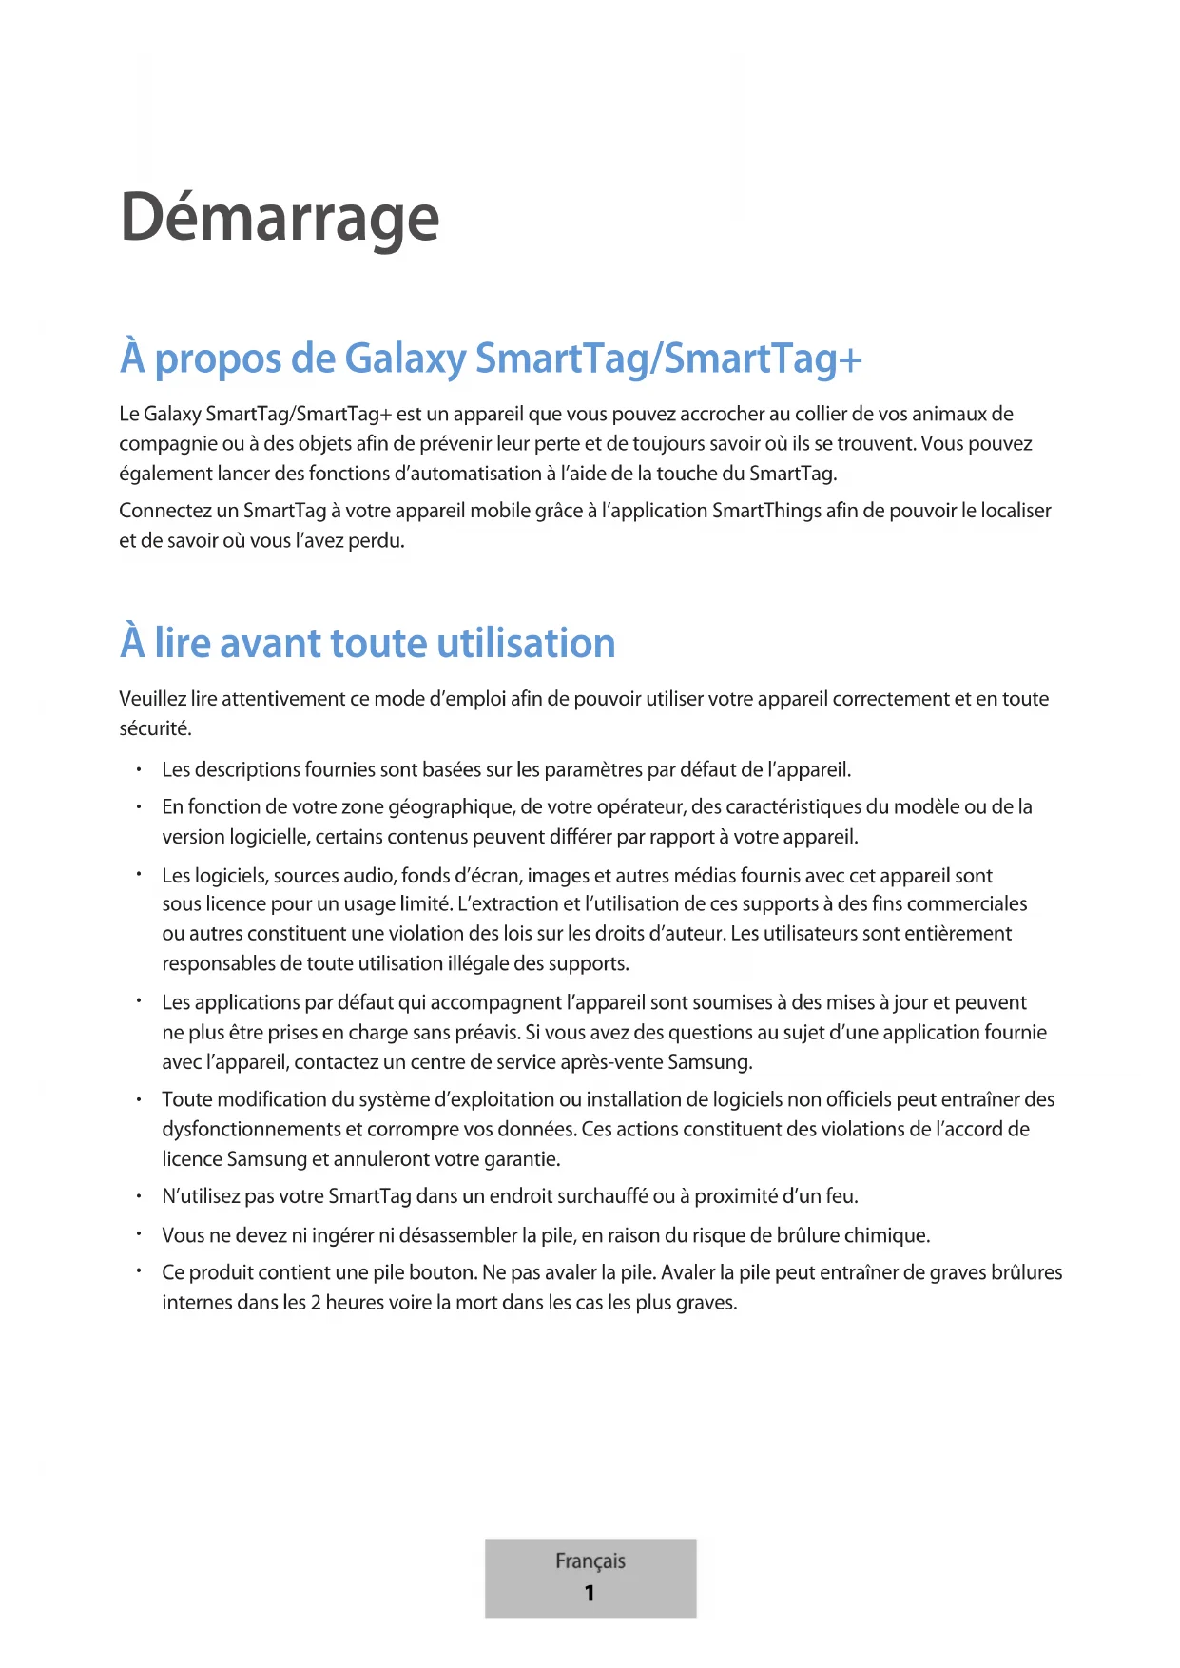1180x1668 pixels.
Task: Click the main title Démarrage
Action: (x=280, y=218)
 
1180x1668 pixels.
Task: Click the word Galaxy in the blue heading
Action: (x=405, y=359)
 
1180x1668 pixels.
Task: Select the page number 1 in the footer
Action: (x=590, y=1593)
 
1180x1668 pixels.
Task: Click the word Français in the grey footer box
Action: (x=590, y=1561)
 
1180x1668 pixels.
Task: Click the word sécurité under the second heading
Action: (x=154, y=729)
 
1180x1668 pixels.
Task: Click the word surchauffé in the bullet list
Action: (x=603, y=1196)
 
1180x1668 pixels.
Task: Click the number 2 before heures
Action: (x=316, y=1303)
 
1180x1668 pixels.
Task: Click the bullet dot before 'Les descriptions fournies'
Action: (x=139, y=769)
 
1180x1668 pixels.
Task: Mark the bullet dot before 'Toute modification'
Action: (x=139, y=1099)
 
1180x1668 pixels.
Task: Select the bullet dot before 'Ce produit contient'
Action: (x=139, y=1272)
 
